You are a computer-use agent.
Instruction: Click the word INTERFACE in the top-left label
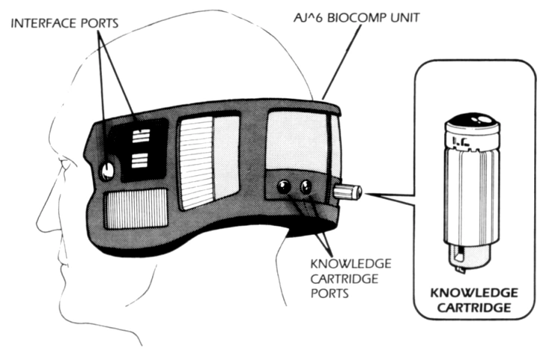[44, 23]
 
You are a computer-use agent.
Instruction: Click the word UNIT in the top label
[404, 17]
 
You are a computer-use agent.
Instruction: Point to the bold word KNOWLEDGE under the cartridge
[474, 293]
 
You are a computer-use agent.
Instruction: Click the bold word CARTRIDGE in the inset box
[474, 308]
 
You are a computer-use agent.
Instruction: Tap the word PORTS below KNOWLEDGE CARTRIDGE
[329, 294]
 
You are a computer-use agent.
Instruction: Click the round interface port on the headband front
[107, 171]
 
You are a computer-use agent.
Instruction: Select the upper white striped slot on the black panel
[141, 136]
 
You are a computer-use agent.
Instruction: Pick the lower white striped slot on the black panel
[139, 161]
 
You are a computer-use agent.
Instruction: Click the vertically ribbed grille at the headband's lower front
[136, 209]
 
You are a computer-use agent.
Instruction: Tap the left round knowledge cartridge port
[284, 188]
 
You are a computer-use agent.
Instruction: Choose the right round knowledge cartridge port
[305, 188]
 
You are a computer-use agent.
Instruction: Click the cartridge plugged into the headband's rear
[348, 192]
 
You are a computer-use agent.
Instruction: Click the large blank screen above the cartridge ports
[297, 140]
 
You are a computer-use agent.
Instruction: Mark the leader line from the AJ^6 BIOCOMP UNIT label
[343, 63]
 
